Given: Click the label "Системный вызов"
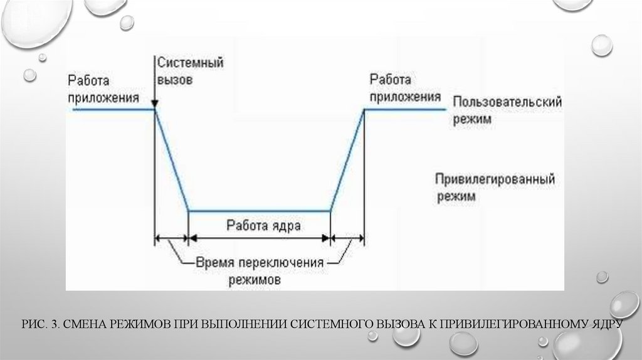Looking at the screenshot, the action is [191, 71].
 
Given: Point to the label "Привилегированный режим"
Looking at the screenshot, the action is [495, 188].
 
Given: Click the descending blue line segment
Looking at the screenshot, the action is [171, 161].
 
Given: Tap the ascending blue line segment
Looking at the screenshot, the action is [347, 161].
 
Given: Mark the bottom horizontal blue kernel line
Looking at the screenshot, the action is [259, 211].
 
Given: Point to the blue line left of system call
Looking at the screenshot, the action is [113, 110].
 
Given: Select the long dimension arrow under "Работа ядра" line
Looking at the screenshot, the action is [259, 238].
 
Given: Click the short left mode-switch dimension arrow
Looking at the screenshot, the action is [171, 238].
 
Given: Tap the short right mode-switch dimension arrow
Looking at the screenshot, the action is [347, 238].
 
